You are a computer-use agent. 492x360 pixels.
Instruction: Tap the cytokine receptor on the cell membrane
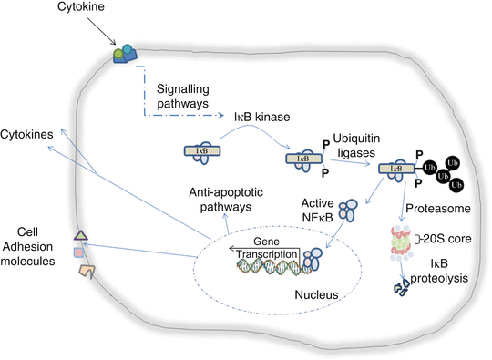tap(123, 56)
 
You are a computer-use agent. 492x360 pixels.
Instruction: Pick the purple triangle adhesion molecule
tap(80, 235)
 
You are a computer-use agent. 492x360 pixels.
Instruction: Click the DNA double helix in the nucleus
tap(269, 266)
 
